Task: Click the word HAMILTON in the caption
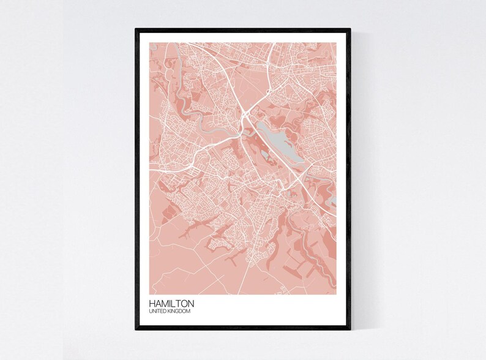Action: coord(171,303)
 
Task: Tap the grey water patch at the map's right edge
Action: coord(333,200)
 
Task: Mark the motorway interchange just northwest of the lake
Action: coord(245,113)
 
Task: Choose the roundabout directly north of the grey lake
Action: coord(267,92)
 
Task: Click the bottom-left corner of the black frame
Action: coord(136,329)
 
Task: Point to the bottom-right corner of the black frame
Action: coord(350,329)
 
